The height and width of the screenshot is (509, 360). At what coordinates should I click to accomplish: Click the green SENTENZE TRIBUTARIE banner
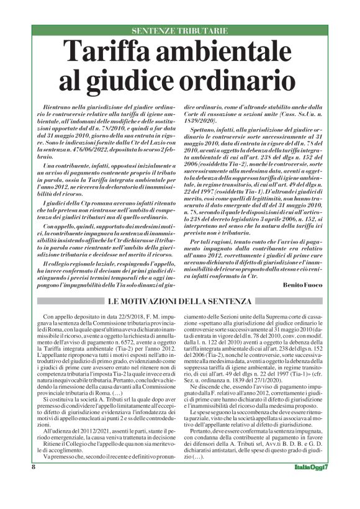coord(179,30)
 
